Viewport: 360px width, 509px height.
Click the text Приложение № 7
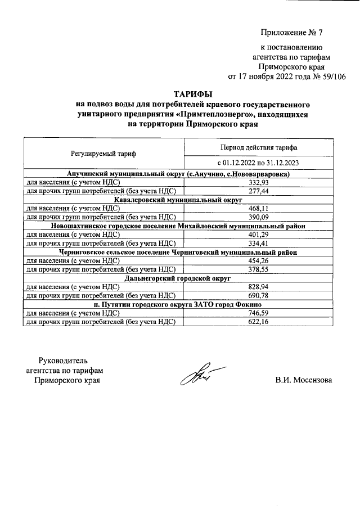[x=292, y=32]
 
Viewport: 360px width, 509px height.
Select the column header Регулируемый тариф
[x=103, y=153]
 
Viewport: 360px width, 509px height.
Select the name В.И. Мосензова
[x=304, y=380]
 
